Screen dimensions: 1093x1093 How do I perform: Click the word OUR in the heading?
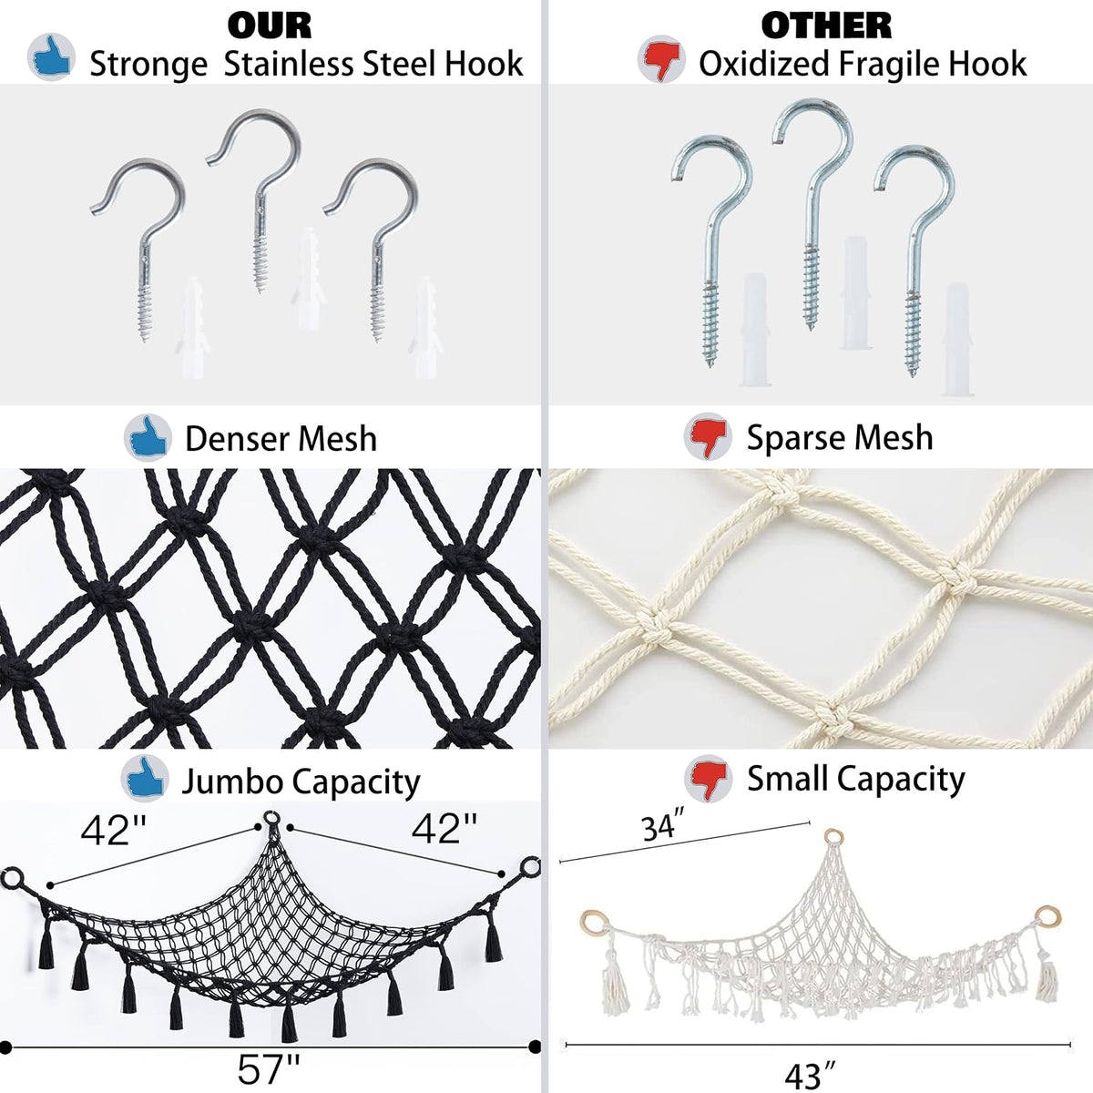pyautogui.click(x=270, y=26)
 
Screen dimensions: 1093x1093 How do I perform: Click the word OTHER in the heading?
pyautogui.click(x=826, y=26)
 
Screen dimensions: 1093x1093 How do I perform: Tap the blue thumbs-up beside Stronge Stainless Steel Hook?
pyautogui.click(x=52, y=57)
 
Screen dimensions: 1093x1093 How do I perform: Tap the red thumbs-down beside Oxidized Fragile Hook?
pyautogui.click(x=661, y=60)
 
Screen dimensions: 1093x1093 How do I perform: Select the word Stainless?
pyautogui.click(x=290, y=64)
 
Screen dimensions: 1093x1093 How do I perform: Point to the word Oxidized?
pyautogui.click(x=763, y=64)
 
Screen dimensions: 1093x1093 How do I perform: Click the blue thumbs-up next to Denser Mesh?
pyautogui.click(x=148, y=437)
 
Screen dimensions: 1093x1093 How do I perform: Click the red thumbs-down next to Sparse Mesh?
pyautogui.click(x=708, y=436)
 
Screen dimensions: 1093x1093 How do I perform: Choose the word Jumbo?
pyautogui.click(x=232, y=782)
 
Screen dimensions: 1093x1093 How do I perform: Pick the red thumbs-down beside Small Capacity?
pyautogui.click(x=708, y=778)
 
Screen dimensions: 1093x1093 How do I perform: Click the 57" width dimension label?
pyautogui.click(x=269, y=1069)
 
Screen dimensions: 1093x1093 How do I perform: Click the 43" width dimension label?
pyautogui.click(x=810, y=1074)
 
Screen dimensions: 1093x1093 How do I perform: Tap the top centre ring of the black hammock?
pyautogui.click(x=271, y=820)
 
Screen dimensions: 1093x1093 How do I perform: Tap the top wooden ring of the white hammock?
pyautogui.click(x=833, y=837)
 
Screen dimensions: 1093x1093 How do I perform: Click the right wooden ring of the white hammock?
pyautogui.click(x=1047, y=917)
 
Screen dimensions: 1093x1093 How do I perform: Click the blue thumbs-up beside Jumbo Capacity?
pyautogui.click(x=145, y=779)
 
